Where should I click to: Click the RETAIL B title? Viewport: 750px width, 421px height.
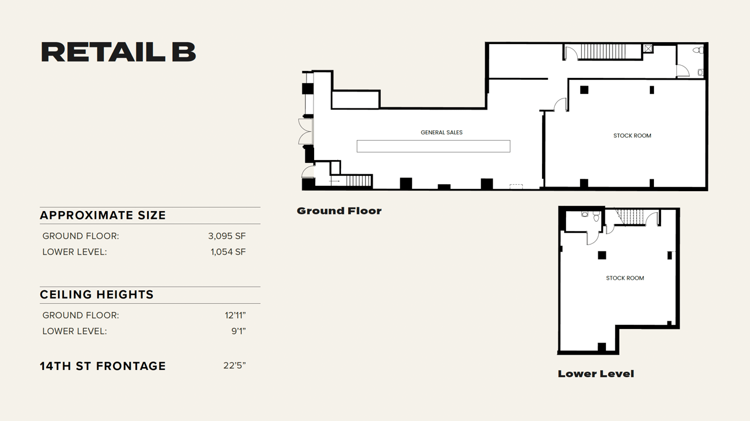[x=118, y=52]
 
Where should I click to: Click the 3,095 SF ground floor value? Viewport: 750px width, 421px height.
[x=227, y=236]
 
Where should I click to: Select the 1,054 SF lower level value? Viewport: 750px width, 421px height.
[x=228, y=252]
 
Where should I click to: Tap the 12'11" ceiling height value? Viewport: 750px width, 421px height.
[x=235, y=315]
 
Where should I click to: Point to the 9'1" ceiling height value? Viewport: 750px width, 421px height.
[x=238, y=331]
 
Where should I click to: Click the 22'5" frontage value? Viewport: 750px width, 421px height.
[x=234, y=366]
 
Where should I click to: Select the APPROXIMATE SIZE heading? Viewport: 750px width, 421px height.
[x=103, y=216]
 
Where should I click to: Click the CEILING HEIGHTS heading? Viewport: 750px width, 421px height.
[x=97, y=295]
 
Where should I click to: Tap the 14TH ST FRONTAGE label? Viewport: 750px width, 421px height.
[x=103, y=366]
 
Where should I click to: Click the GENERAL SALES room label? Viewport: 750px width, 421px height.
[x=441, y=133]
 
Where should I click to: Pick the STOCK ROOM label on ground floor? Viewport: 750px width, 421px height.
[x=632, y=136]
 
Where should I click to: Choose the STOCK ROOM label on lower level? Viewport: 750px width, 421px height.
[x=625, y=279]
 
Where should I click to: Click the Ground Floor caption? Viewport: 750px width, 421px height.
[x=339, y=211]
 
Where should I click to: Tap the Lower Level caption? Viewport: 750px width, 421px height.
[x=595, y=374]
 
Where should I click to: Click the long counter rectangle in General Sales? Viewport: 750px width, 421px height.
[x=433, y=146]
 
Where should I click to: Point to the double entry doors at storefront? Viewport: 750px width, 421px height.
[x=305, y=131]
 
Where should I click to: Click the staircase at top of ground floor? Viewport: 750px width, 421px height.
[x=602, y=52]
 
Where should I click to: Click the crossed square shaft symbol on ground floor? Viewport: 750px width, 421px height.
[x=648, y=49]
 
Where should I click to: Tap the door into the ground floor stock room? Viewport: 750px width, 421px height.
[x=561, y=105]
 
